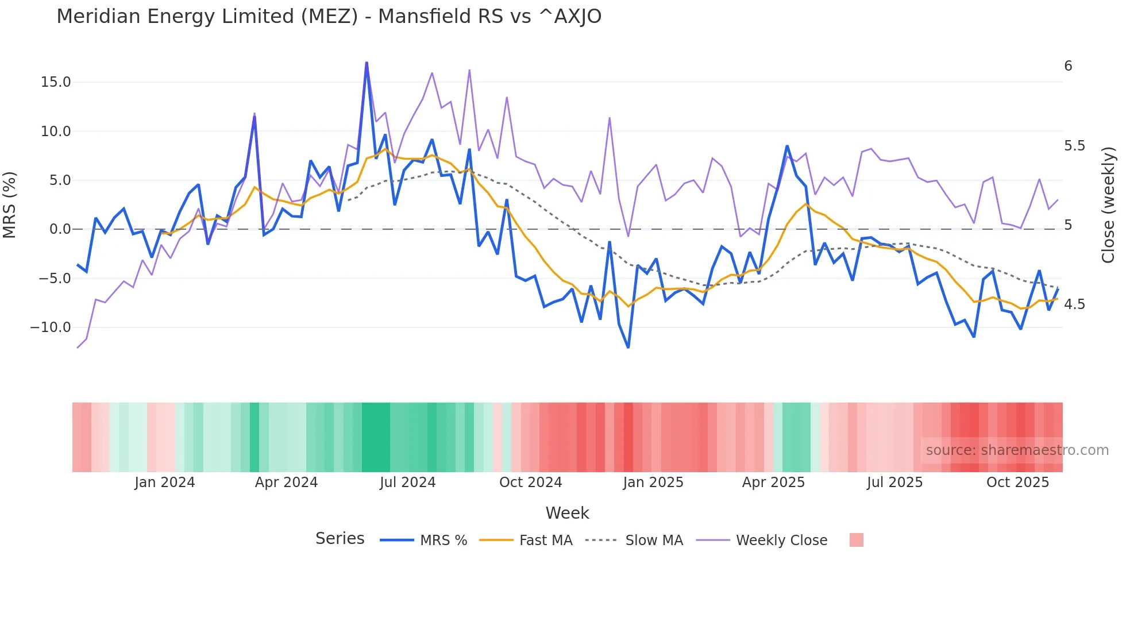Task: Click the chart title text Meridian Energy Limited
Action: click(329, 17)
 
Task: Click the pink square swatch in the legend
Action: click(856, 540)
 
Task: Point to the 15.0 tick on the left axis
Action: click(56, 82)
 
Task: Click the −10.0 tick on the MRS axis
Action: click(51, 327)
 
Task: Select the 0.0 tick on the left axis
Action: click(60, 229)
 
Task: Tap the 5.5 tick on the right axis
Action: click(1074, 146)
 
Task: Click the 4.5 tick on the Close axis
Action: click(1074, 304)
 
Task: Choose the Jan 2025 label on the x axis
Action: click(653, 483)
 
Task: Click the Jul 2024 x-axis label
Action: click(407, 483)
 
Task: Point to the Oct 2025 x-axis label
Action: click(1017, 483)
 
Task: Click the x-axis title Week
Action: click(567, 513)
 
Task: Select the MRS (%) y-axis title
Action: click(10, 204)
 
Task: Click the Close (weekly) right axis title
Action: click(1108, 204)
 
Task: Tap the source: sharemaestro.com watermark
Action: click(1017, 450)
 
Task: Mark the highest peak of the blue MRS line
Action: click(367, 63)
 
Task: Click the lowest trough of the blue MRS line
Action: click(628, 348)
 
